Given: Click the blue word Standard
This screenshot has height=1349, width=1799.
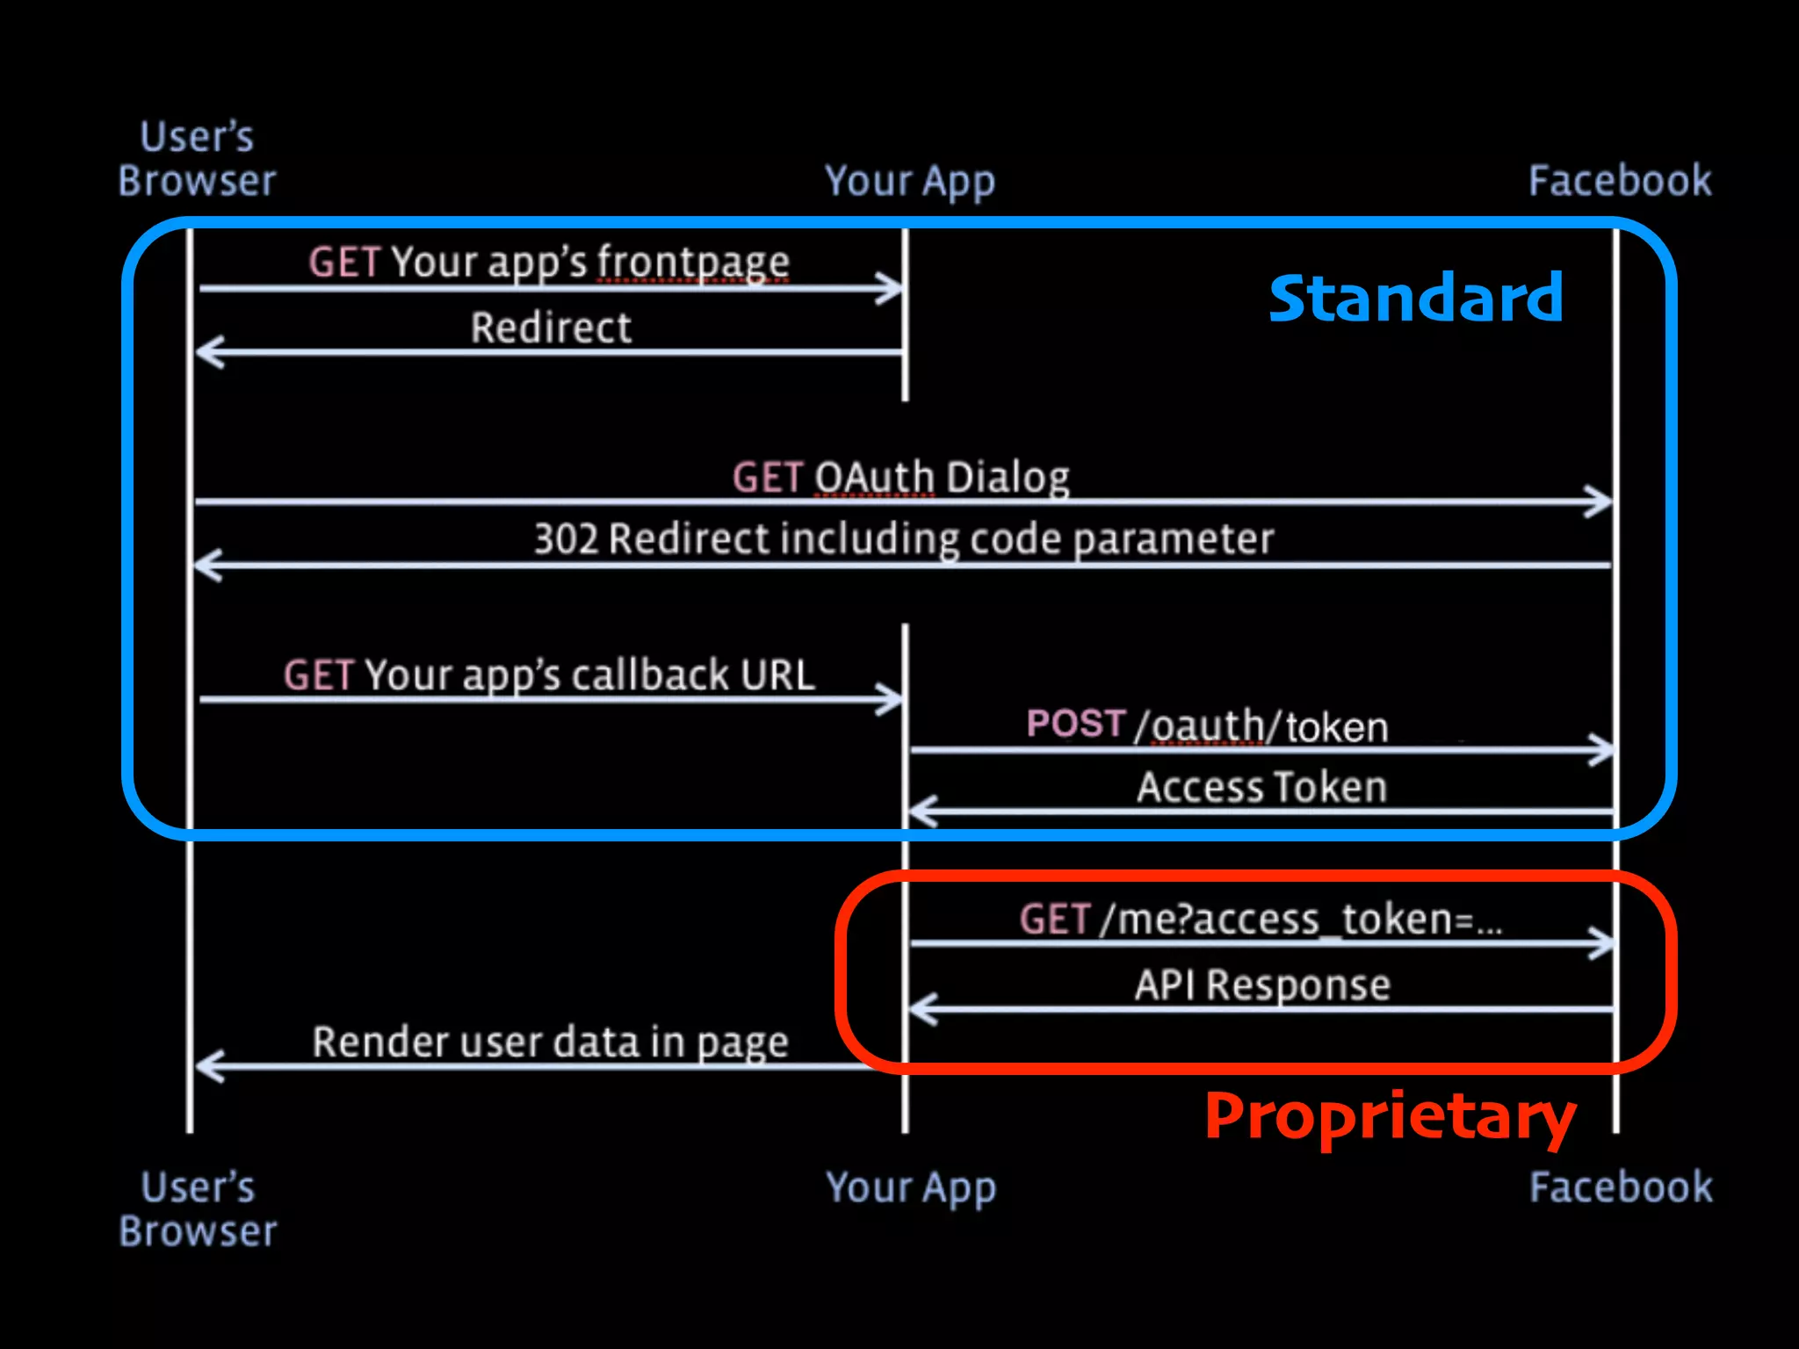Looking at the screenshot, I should [1416, 299].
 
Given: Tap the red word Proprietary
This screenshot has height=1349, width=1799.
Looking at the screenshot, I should [1390, 1117].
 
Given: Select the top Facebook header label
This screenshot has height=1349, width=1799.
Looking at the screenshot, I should [1620, 181].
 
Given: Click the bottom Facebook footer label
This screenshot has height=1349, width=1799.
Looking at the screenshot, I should [1621, 1187].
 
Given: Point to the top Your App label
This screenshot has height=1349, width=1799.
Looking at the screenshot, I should [910, 183].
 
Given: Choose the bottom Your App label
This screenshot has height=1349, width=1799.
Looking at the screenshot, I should [911, 1189].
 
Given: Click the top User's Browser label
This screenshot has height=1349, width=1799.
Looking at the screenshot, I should [197, 160].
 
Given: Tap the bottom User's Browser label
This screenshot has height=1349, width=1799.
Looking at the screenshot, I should [198, 1209].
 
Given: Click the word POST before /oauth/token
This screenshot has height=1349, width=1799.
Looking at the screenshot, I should [1075, 724].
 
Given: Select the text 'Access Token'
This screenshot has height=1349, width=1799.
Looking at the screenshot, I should [1262, 787].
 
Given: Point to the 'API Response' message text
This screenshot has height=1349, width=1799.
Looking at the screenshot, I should [1262, 985].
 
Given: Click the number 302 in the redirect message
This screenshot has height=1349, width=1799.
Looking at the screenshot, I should [566, 539].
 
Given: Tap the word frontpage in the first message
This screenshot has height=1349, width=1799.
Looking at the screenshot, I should [693, 262].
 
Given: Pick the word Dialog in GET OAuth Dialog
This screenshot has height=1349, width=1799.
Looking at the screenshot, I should [1008, 478].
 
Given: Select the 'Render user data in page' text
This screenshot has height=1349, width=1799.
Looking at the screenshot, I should [550, 1043].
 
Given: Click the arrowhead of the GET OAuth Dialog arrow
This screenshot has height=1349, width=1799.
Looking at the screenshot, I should [1600, 502].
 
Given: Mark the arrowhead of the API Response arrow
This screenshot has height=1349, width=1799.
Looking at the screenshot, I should [922, 1009].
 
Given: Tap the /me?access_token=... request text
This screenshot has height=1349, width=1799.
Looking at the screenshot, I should [1300, 920].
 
